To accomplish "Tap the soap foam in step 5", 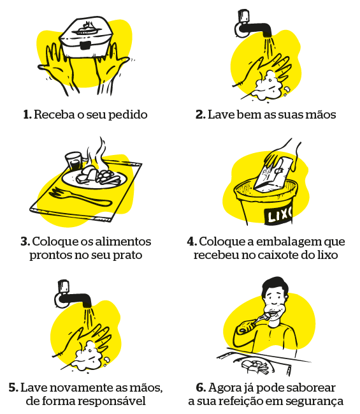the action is (x=89, y=357).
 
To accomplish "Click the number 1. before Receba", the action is (x=27, y=115).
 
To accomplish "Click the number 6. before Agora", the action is (x=201, y=388).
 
